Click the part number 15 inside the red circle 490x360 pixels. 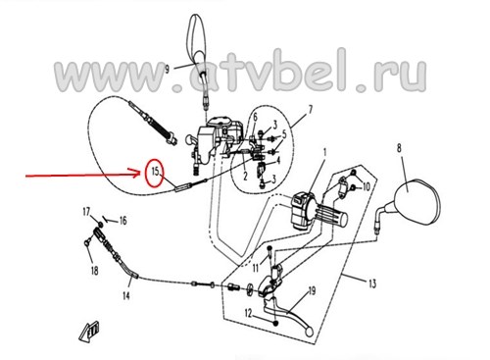pos(156,171)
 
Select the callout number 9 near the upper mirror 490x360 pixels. pos(168,69)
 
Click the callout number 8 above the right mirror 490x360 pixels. pos(399,148)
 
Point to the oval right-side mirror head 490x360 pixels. pos(416,202)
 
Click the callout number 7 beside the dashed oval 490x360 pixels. pos(310,109)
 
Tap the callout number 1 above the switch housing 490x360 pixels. pos(324,152)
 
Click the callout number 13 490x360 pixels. pos(372,283)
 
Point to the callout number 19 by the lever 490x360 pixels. pos(312,290)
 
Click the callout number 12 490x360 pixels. pos(249,314)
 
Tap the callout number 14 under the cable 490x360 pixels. pos(126,295)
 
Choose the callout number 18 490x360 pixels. pos(94,271)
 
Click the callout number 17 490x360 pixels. pos(86,213)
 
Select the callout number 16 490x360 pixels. pos(122,221)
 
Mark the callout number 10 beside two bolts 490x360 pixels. pos(367,186)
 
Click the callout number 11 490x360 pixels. pos(255,268)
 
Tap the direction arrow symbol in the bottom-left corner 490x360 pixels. pos(89,332)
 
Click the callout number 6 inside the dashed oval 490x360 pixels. pos(255,117)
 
